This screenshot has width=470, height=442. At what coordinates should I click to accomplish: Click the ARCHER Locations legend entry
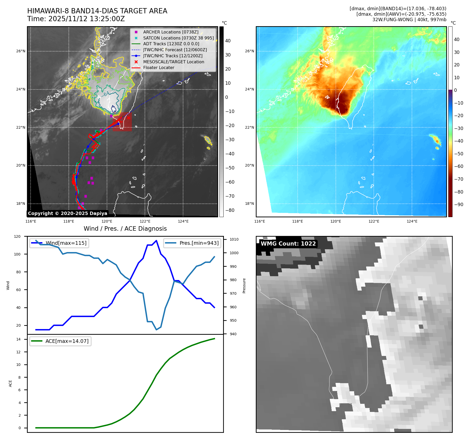(171, 32)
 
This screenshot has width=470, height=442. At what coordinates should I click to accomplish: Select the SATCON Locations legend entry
(178, 38)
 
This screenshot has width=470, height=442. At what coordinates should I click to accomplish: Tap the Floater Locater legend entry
(158, 67)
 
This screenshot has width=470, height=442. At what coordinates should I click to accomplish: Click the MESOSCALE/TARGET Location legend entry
(173, 62)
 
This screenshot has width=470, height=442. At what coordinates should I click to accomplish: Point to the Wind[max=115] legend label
(66, 243)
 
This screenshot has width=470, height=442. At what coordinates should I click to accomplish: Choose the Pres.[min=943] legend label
(199, 243)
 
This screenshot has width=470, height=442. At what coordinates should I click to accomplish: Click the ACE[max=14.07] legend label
(67, 341)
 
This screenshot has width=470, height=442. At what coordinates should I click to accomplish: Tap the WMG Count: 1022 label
(288, 243)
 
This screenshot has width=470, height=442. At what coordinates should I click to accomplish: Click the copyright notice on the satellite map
(67, 213)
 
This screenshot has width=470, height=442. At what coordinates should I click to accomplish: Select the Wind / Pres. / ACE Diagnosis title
(125, 229)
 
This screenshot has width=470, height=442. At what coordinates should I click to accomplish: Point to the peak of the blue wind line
(156, 240)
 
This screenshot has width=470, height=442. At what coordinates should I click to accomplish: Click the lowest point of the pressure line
(156, 330)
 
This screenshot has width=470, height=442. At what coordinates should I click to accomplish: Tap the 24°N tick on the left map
(21, 89)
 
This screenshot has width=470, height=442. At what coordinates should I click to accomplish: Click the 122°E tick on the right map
(374, 222)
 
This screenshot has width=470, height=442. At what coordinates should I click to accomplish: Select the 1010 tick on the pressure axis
(234, 239)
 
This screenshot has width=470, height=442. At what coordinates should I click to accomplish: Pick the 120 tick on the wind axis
(17, 236)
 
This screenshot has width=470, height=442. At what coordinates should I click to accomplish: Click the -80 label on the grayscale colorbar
(230, 210)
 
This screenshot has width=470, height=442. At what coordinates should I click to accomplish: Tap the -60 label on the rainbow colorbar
(458, 166)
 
